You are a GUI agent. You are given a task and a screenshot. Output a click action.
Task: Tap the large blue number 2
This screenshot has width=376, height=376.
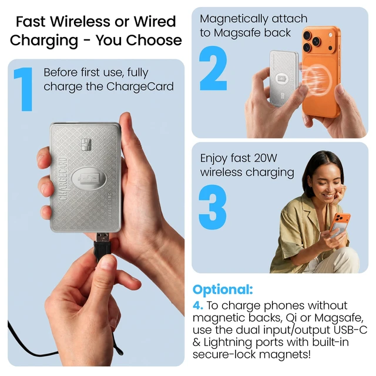pyautogui.click(x=213, y=68)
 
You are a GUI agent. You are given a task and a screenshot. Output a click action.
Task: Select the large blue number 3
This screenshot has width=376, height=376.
pyautogui.click(x=213, y=207)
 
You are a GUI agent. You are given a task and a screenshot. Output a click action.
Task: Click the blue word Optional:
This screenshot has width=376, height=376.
pyautogui.click(x=223, y=290)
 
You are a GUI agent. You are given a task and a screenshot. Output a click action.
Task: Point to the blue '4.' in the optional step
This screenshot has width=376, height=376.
pyautogui.click(x=198, y=305)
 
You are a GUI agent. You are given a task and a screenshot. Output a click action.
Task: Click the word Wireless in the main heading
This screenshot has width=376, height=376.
pyautogui.click(x=80, y=22)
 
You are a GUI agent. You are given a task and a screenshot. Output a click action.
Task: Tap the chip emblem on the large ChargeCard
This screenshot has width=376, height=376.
pyautogui.click(x=86, y=145)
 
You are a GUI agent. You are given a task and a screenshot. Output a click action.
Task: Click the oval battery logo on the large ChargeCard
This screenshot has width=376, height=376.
pyautogui.click(x=89, y=179)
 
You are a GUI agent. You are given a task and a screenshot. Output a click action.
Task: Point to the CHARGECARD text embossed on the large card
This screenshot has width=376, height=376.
pyautogui.click(x=62, y=179)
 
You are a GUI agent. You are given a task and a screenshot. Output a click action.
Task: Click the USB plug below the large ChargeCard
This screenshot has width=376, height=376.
pyautogui.click(x=103, y=246)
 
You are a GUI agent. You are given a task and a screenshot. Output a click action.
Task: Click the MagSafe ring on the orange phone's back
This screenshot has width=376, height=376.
pyautogui.click(x=317, y=79)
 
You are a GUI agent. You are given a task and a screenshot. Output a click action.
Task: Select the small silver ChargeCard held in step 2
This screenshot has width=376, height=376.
pyautogui.click(x=284, y=78)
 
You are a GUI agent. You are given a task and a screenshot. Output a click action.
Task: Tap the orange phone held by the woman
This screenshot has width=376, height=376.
pyautogui.click(x=340, y=226)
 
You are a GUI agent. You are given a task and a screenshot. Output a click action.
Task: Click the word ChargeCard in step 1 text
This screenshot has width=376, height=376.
pyautogui.click(x=140, y=86)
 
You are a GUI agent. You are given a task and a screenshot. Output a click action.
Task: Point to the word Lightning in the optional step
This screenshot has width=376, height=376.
pyautogui.click(x=228, y=343)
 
